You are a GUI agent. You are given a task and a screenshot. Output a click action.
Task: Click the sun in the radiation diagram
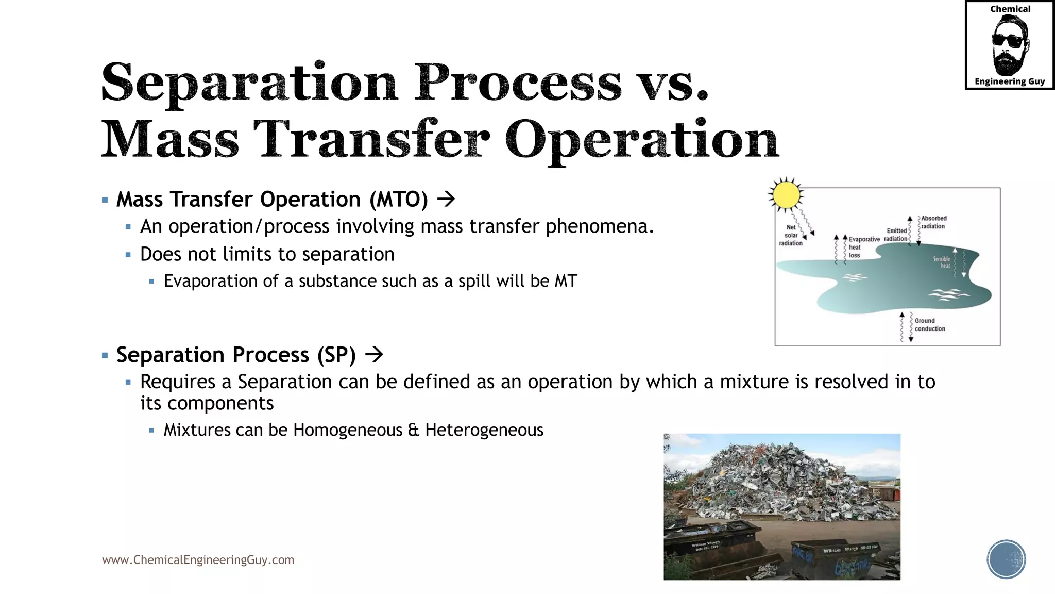pos(786,195)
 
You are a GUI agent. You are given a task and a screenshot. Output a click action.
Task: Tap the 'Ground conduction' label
pos(929,324)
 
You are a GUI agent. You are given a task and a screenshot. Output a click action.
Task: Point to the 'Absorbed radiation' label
pos(933,222)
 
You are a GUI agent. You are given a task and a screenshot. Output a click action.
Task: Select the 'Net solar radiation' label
pos(791,235)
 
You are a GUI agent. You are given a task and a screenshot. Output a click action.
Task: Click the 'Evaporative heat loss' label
pos(863,247)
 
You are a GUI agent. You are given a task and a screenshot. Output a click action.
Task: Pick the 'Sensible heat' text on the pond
pos(942,262)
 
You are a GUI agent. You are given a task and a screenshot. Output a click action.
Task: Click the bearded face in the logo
pos(1009,45)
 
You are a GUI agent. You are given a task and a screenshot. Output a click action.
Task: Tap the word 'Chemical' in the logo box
pos(1010,9)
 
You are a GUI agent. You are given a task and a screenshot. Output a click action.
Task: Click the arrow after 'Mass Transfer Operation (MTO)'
pos(446,199)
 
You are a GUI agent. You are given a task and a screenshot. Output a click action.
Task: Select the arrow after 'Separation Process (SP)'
pos(374,354)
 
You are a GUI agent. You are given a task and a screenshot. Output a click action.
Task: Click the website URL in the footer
pos(198,559)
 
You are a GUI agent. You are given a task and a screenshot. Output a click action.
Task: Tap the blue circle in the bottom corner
pos(1006,559)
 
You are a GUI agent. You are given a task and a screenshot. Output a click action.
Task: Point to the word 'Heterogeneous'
pos(484,430)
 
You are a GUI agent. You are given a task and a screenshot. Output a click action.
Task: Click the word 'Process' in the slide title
pos(518,82)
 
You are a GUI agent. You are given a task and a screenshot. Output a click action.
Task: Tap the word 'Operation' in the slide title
pos(641,139)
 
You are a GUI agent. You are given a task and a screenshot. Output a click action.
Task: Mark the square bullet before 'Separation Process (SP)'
pos(105,355)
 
